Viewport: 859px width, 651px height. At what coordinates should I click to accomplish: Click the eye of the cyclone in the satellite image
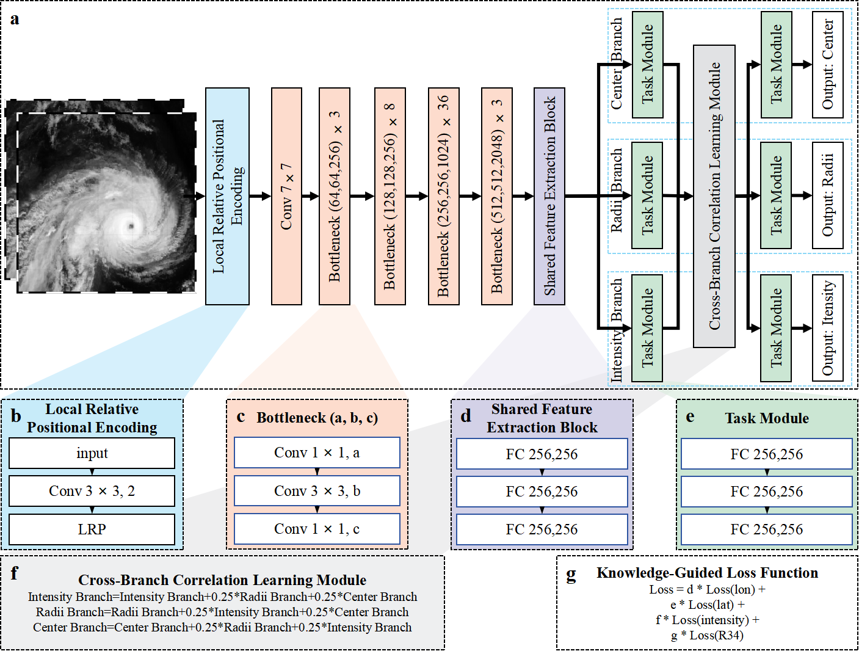click(130, 227)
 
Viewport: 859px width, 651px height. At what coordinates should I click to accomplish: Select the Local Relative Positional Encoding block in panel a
click(227, 196)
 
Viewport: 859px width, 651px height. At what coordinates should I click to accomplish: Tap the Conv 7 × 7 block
click(286, 196)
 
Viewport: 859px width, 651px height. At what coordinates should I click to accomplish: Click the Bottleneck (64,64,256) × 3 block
click(335, 196)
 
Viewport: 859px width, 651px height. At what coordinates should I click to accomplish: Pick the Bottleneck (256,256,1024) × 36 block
click(444, 196)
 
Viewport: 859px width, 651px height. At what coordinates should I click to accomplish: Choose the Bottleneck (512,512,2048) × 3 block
click(497, 196)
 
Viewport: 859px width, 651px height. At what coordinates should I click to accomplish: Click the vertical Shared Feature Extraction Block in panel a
click(549, 196)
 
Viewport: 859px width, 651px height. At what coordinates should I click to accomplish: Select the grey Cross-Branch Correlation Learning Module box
click(714, 196)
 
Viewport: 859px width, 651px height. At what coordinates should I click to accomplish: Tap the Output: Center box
click(828, 65)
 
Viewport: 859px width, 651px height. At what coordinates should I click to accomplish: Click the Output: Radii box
click(828, 195)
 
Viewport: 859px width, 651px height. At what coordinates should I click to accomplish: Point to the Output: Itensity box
click(828, 328)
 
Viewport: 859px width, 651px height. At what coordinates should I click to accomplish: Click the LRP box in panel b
click(92, 529)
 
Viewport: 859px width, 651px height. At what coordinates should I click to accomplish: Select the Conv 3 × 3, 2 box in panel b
click(92, 491)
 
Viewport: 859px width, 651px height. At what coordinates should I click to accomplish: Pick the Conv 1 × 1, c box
click(317, 529)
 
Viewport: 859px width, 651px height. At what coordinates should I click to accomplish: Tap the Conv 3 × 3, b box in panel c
click(317, 491)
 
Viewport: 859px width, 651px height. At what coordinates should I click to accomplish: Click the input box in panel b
click(92, 453)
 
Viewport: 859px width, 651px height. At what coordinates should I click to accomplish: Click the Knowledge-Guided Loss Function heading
click(707, 573)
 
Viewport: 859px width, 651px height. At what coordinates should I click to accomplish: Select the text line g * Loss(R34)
click(707, 636)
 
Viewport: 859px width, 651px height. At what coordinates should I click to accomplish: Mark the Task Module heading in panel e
click(767, 418)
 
